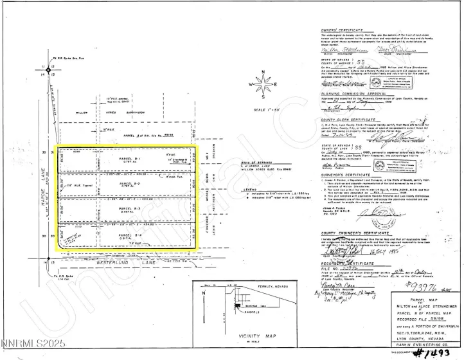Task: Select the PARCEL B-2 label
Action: (130, 183)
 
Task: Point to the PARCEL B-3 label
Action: (130, 208)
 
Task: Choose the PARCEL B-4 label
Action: (131, 235)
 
